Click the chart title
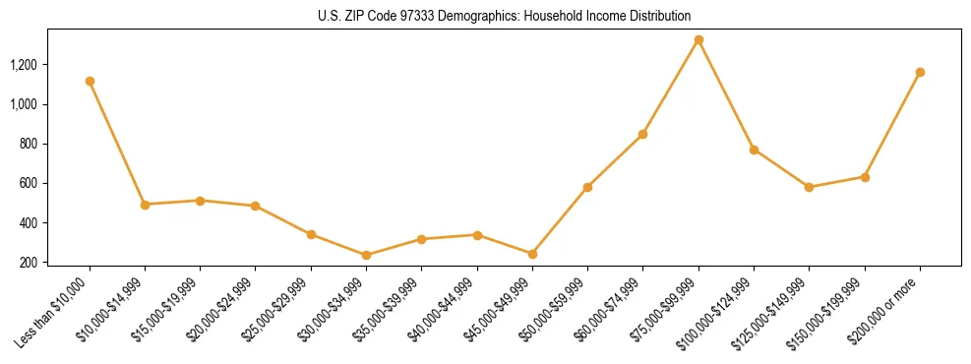(x=505, y=16)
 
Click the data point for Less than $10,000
(x=90, y=81)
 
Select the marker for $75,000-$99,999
(x=698, y=40)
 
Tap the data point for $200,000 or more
(x=920, y=72)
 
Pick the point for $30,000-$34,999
(x=366, y=255)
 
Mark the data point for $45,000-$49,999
(x=532, y=254)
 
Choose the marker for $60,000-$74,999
(x=642, y=134)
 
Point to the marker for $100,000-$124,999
(x=754, y=150)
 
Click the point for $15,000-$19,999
(x=200, y=201)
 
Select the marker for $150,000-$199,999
(x=865, y=177)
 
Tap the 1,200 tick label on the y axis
(x=23, y=65)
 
